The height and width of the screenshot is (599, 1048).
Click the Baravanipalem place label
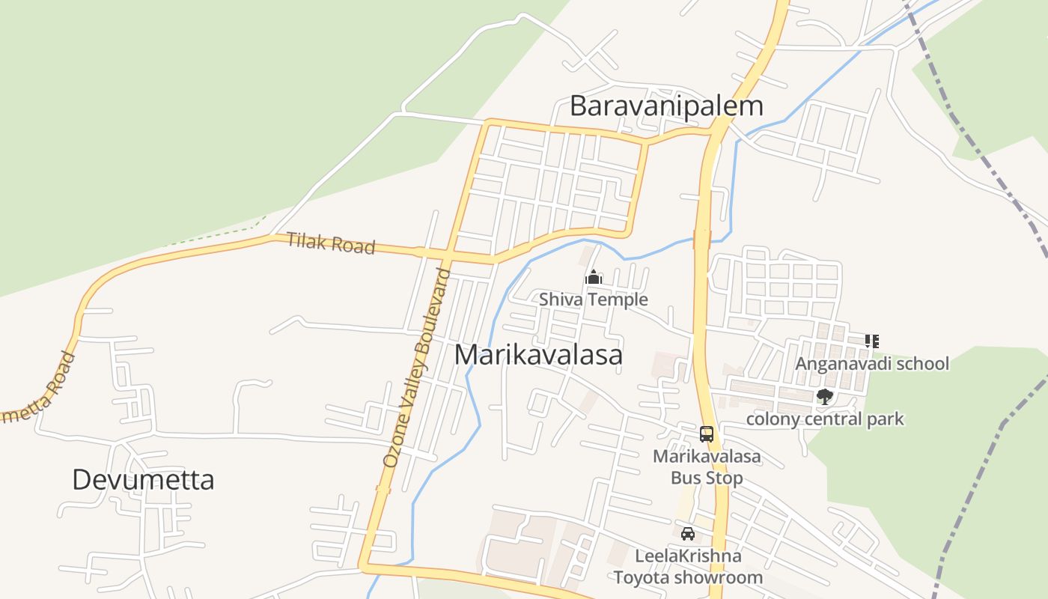(666, 106)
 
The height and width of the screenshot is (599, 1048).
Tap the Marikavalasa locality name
(538, 354)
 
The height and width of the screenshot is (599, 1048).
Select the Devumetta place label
(143, 479)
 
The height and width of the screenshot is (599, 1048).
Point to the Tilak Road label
(330, 243)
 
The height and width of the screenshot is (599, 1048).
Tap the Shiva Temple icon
(594, 278)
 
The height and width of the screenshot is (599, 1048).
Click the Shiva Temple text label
(594, 299)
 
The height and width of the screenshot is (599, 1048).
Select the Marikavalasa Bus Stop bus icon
(706, 434)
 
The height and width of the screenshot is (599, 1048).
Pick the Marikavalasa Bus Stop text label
(707, 467)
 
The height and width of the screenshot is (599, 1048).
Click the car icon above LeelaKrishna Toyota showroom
(688, 534)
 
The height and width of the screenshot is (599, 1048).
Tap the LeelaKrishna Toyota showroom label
(688, 567)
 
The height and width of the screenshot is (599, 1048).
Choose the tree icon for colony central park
(825, 397)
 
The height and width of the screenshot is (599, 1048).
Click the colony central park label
(825, 419)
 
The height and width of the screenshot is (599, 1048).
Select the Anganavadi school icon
(871, 341)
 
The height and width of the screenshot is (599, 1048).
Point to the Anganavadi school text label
(872, 364)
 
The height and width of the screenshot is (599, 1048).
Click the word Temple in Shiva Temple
(619, 299)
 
